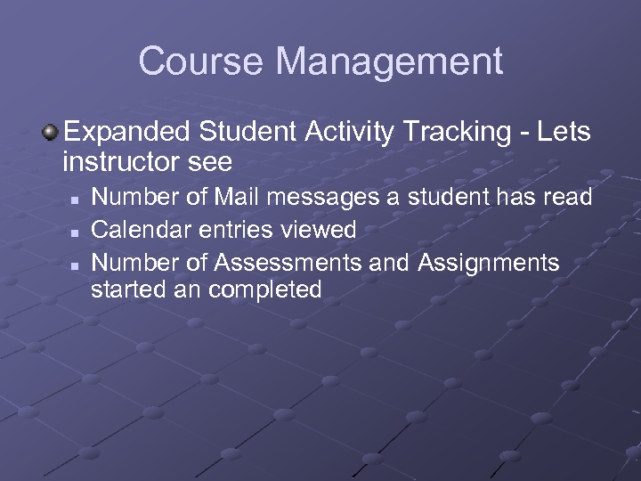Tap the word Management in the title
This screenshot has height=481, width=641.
(x=389, y=61)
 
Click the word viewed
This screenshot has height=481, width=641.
(x=316, y=230)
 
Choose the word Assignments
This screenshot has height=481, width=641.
(x=488, y=263)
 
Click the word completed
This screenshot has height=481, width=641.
(x=265, y=289)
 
